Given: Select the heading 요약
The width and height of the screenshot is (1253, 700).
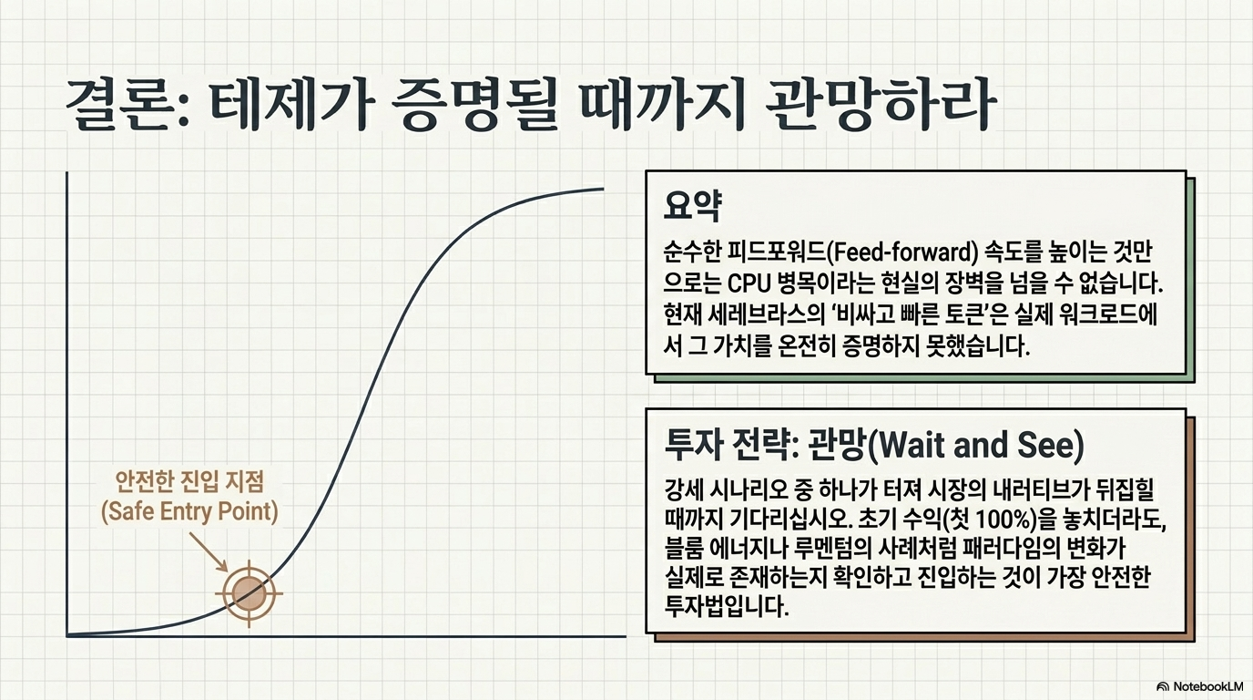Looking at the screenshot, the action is (x=692, y=206).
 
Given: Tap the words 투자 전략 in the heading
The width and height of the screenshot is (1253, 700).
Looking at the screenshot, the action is (x=727, y=445).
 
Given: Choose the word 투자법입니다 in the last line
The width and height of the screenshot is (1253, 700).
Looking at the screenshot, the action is (x=726, y=605).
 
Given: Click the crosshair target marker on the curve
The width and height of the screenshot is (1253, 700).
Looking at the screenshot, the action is (x=249, y=593).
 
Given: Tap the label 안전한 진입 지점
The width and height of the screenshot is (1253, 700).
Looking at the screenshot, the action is (x=188, y=482).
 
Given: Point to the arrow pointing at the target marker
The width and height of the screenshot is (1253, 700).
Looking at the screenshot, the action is (x=209, y=551).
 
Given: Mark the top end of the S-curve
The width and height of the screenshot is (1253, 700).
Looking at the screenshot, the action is (x=604, y=189).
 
